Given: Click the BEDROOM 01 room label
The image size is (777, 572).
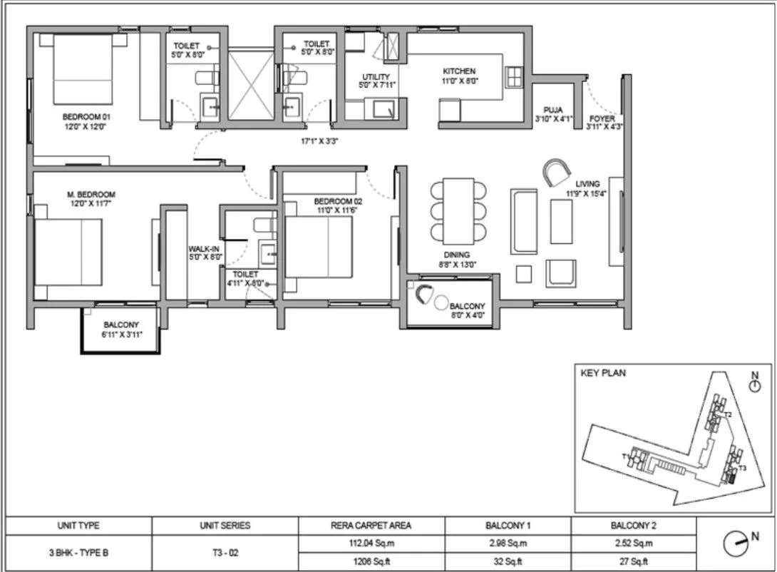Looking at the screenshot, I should [86, 116].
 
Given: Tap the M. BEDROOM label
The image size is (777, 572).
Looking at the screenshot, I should [91, 194].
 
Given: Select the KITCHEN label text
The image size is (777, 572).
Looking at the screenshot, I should [459, 71].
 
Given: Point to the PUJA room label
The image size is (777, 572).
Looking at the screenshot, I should [553, 109].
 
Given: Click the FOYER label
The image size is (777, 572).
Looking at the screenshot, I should [602, 118].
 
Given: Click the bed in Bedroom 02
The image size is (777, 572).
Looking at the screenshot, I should [319, 246].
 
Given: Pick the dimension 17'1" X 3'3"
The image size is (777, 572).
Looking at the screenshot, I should [319, 141].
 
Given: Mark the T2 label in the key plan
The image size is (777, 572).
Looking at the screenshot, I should [728, 414].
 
